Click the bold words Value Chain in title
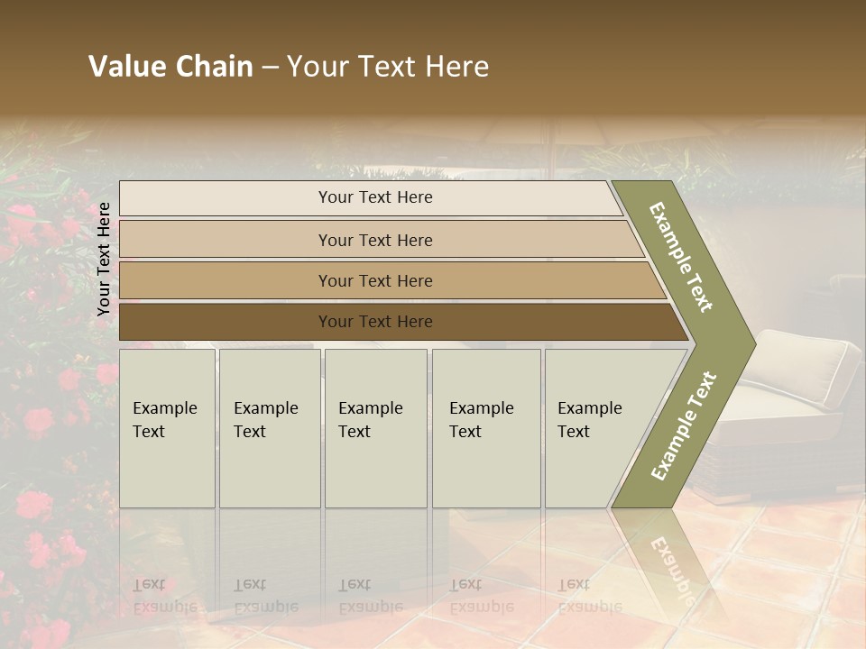tap(170, 67)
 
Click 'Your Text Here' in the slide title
tap(388, 67)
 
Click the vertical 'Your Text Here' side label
tap(104, 259)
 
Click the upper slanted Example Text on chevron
tap(681, 257)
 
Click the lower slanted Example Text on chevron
tap(684, 426)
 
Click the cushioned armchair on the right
tap(794, 397)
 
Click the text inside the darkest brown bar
tap(375, 322)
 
